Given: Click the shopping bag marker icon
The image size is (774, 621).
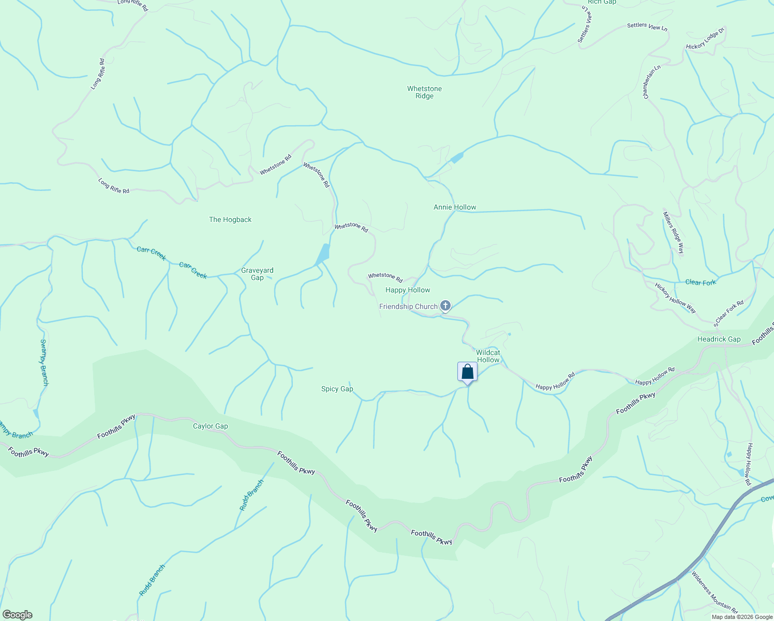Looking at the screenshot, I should click(x=467, y=372).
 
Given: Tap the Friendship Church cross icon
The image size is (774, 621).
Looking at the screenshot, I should click(x=445, y=306).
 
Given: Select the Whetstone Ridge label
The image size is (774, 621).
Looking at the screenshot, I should click(x=424, y=92).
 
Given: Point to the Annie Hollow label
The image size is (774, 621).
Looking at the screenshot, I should click(x=455, y=207).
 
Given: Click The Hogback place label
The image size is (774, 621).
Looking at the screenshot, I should click(x=230, y=219).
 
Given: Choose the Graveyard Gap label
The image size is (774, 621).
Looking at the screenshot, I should click(x=257, y=274).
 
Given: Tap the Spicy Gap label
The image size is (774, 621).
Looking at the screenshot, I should click(x=337, y=389).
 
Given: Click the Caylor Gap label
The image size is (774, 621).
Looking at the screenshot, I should click(x=210, y=426).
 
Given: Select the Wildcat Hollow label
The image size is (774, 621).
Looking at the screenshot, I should click(x=488, y=356).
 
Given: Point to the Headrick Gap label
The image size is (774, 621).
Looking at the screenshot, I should click(x=719, y=339).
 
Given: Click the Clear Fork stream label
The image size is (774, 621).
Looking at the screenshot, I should click(x=701, y=282).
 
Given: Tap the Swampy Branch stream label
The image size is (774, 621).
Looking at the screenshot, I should click(x=44, y=362).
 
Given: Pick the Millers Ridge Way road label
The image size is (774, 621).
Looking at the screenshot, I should click(x=674, y=233).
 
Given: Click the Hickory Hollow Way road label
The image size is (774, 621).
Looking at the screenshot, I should click(x=675, y=298).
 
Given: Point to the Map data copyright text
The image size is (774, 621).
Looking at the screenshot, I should click(x=741, y=617).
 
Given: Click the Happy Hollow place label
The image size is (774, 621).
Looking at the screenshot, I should click(x=408, y=290).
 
